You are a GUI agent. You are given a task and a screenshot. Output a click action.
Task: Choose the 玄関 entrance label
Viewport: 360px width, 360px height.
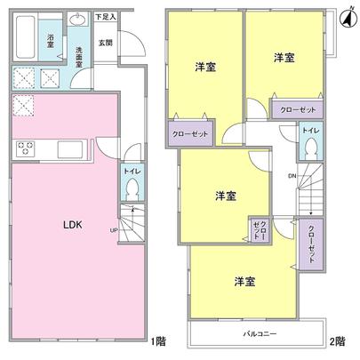pyautogui.click(x=105, y=42)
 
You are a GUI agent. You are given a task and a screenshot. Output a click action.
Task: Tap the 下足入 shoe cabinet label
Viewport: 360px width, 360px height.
pyautogui.click(x=105, y=16)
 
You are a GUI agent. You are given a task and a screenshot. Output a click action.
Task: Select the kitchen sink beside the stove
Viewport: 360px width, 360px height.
pyautogui.click(x=68, y=148)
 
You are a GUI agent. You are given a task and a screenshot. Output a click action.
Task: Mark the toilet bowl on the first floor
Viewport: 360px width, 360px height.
pyautogui.click(x=132, y=189)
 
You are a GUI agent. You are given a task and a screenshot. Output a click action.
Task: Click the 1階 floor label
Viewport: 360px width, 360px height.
pyautogui.click(x=157, y=341)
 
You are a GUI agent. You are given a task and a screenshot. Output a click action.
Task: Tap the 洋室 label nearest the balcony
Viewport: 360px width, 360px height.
pyautogui.click(x=246, y=281)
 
